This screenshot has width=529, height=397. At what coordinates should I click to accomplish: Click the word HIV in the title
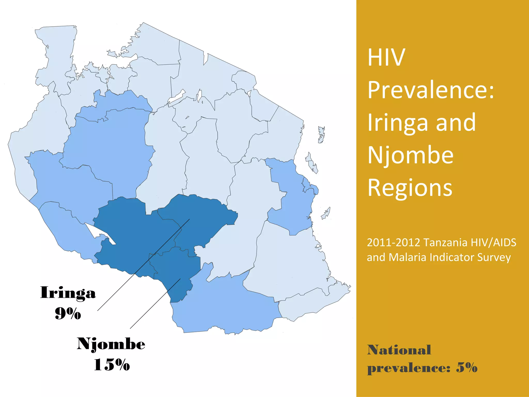pos(386,57)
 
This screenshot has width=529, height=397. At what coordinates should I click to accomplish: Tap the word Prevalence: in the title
pos(431,90)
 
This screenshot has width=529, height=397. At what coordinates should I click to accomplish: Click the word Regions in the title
pos(410,188)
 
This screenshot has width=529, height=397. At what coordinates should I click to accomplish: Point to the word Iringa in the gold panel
pos(397,123)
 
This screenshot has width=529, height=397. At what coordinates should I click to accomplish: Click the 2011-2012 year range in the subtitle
pos(393,243)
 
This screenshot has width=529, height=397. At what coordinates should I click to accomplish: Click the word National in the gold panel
pos(399,350)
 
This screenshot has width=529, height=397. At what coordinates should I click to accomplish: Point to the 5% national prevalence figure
pos(466,367)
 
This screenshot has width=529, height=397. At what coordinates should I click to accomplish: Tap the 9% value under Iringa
pos(68,314)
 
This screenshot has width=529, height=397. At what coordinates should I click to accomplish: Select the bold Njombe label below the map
pos(111,344)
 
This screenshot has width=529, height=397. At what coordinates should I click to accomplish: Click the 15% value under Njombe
pos(112,365)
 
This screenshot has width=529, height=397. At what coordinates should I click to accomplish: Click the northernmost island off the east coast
pos(321,134)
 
